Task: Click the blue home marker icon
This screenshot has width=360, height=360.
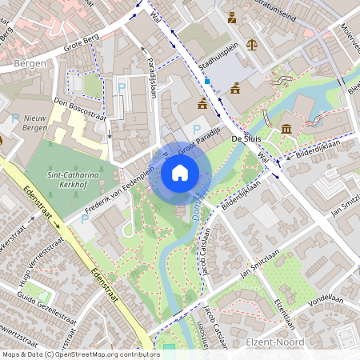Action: tap(180, 172)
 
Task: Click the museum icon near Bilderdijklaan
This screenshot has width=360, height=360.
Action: tap(286, 130)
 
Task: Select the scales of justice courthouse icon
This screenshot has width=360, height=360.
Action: tap(252, 45)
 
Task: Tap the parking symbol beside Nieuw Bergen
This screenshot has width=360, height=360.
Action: tap(16, 118)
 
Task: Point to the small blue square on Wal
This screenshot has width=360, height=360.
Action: tap(206, 81)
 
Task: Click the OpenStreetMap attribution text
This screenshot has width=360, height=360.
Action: tap(80, 354)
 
